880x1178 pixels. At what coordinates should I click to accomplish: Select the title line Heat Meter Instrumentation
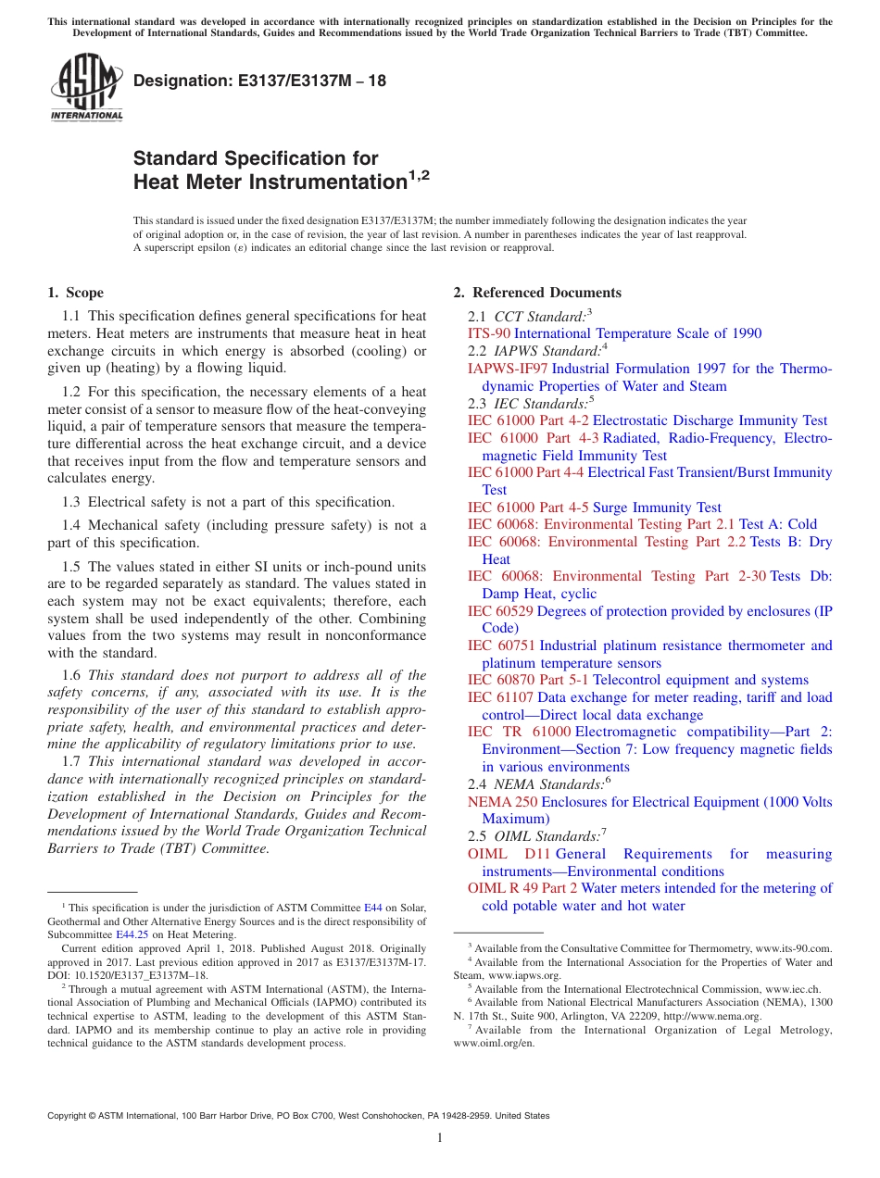point(270,182)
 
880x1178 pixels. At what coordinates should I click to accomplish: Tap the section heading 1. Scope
point(75,293)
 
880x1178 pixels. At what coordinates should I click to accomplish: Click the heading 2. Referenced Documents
point(536,293)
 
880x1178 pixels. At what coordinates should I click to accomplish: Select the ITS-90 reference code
point(488,333)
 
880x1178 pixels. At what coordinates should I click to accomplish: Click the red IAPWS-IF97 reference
point(508,369)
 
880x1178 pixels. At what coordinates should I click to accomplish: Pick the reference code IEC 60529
point(500,611)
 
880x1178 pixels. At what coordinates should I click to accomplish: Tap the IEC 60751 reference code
point(501,645)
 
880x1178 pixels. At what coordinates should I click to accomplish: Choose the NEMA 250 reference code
point(502,802)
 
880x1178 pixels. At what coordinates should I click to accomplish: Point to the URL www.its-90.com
point(794,947)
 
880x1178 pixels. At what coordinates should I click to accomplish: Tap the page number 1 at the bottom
point(439,1138)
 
